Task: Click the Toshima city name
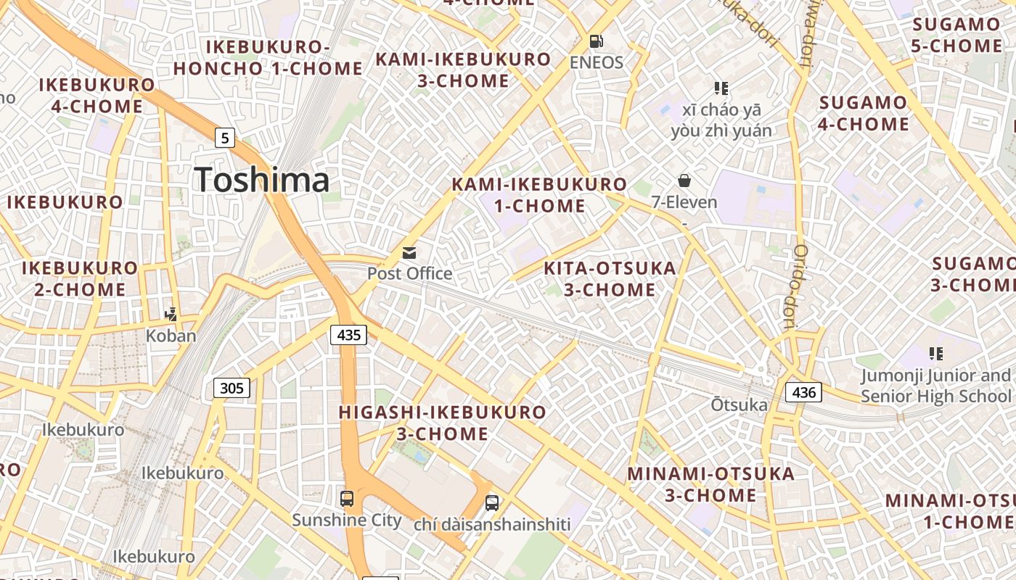[261, 180]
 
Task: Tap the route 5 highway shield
[226, 137]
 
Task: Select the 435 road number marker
[348, 335]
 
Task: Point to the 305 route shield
[232, 389]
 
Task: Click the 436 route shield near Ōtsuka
[804, 393]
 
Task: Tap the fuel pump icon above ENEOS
[596, 41]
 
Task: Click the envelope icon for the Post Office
[409, 253]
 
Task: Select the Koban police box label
[171, 336]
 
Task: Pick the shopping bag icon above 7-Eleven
[684, 181]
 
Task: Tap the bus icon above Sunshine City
[347, 499]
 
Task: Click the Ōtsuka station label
[739, 405]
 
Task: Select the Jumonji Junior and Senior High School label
[935, 386]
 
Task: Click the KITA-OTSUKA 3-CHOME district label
[610, 279]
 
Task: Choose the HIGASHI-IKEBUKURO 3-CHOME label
[443, 423]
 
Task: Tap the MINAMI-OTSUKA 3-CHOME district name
[711, 484]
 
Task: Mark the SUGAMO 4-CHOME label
[864, 113]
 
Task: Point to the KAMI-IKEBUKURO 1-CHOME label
[539, 195]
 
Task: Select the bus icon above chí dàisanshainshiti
[492, 502]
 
